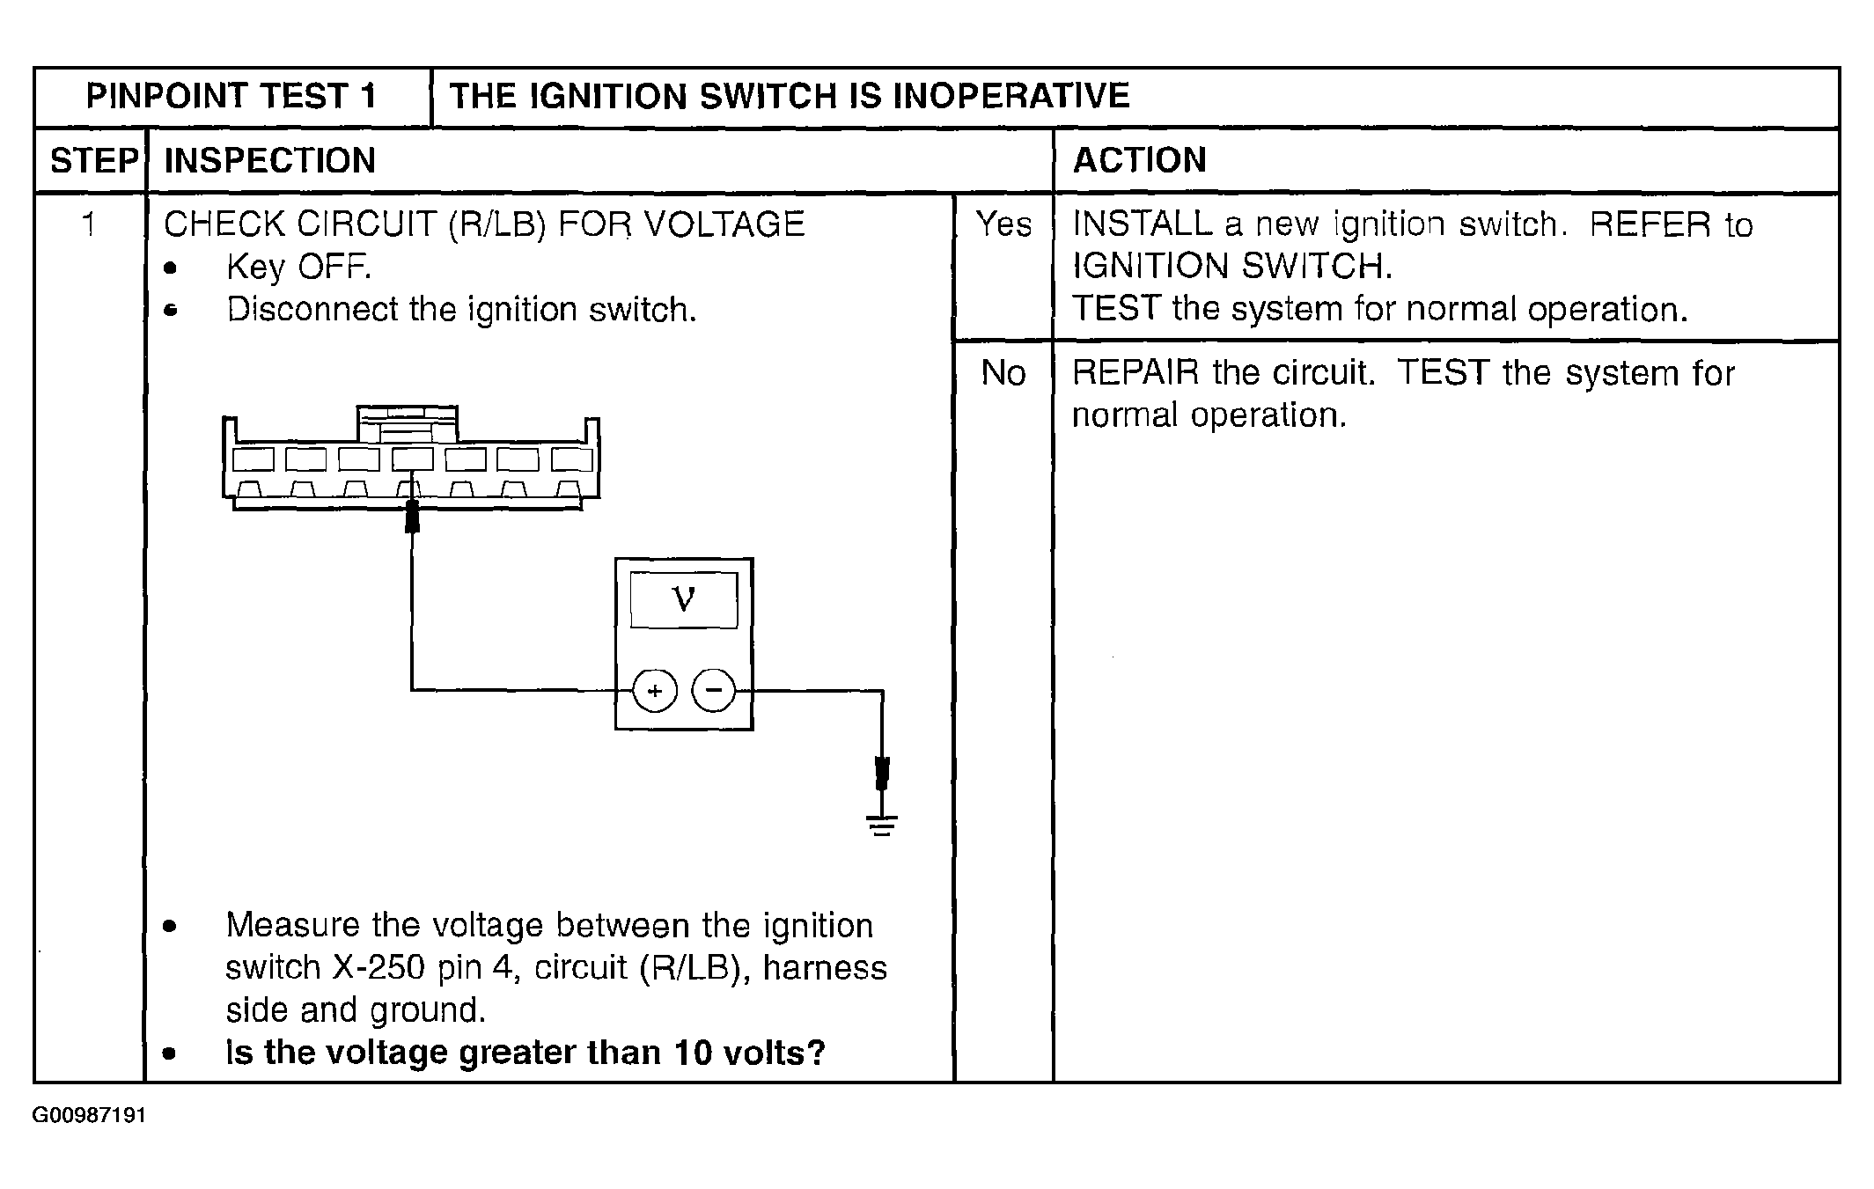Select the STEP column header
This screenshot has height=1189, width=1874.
tap(94, 161)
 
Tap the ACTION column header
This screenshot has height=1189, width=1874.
tap(1139, 160)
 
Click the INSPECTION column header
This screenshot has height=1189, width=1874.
tap(270, 161)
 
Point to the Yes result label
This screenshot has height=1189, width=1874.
tap(1003, 224)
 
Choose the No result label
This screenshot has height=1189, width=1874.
tap(1003, 373)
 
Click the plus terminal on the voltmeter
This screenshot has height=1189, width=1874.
tap(655, 691)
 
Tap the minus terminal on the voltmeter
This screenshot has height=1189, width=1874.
tap(714, 690)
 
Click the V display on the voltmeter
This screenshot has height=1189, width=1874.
tap(684, 600)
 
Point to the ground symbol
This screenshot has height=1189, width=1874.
tap(882, 826)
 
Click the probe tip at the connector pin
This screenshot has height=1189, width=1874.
tap(412, 517)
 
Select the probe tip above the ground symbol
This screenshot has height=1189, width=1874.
tap(882, 774)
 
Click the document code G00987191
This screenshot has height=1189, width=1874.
tap(89, 1116)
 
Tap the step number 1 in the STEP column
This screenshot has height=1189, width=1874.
tap(88, 224)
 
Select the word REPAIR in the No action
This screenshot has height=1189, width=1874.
tap(1135, 373)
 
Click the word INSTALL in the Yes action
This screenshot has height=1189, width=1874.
tap(1143, 224)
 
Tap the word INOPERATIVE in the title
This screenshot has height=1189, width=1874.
tap(1010, 96)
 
